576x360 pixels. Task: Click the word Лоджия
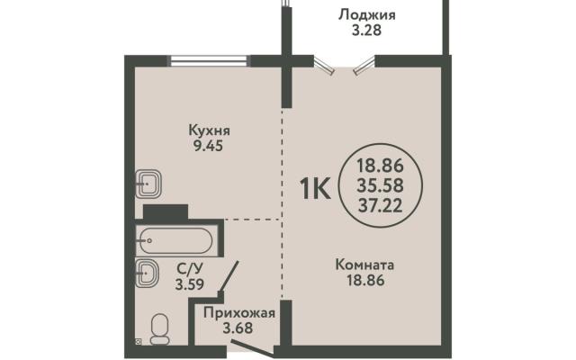point(366,15)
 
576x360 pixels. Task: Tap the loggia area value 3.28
point(366,30)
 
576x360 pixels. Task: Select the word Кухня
point(210,130)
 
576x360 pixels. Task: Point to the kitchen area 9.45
point(208,146)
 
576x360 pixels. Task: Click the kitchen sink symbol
point(148,184)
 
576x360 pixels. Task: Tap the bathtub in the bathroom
point(174,241)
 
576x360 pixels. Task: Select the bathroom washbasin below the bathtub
point(147,273)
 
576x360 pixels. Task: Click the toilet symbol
point(160,329)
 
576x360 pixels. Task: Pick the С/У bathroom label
point(189,269)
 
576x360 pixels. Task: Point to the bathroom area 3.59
point(189,284)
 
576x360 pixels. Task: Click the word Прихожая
point(239,313)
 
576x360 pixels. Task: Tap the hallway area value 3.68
point(238,328)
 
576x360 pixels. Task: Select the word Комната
point(364,265)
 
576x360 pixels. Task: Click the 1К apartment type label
point(315,188)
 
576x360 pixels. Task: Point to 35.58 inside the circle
point(380,185)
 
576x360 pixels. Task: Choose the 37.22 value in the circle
point(380,206)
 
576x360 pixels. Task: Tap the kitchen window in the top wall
point(208,60)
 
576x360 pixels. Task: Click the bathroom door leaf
point(229,276)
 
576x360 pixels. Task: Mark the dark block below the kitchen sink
point(166,212)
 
